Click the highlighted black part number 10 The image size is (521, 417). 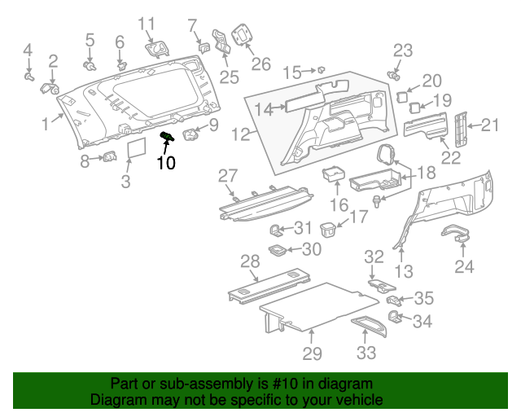pos(166,162)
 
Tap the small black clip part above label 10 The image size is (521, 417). pos(169,137)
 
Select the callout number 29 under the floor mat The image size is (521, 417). pos(312,353)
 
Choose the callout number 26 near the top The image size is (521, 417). pos(260,64)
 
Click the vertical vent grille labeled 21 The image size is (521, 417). pos(462,125)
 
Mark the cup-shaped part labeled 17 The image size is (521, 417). pos(328,228)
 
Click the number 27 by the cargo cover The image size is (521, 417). pos(227,175)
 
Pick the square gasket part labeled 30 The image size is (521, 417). pos(277,249)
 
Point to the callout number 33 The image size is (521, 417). pos(367,353)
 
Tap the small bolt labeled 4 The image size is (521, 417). pos(28,77)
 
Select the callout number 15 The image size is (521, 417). pos(291,72)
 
